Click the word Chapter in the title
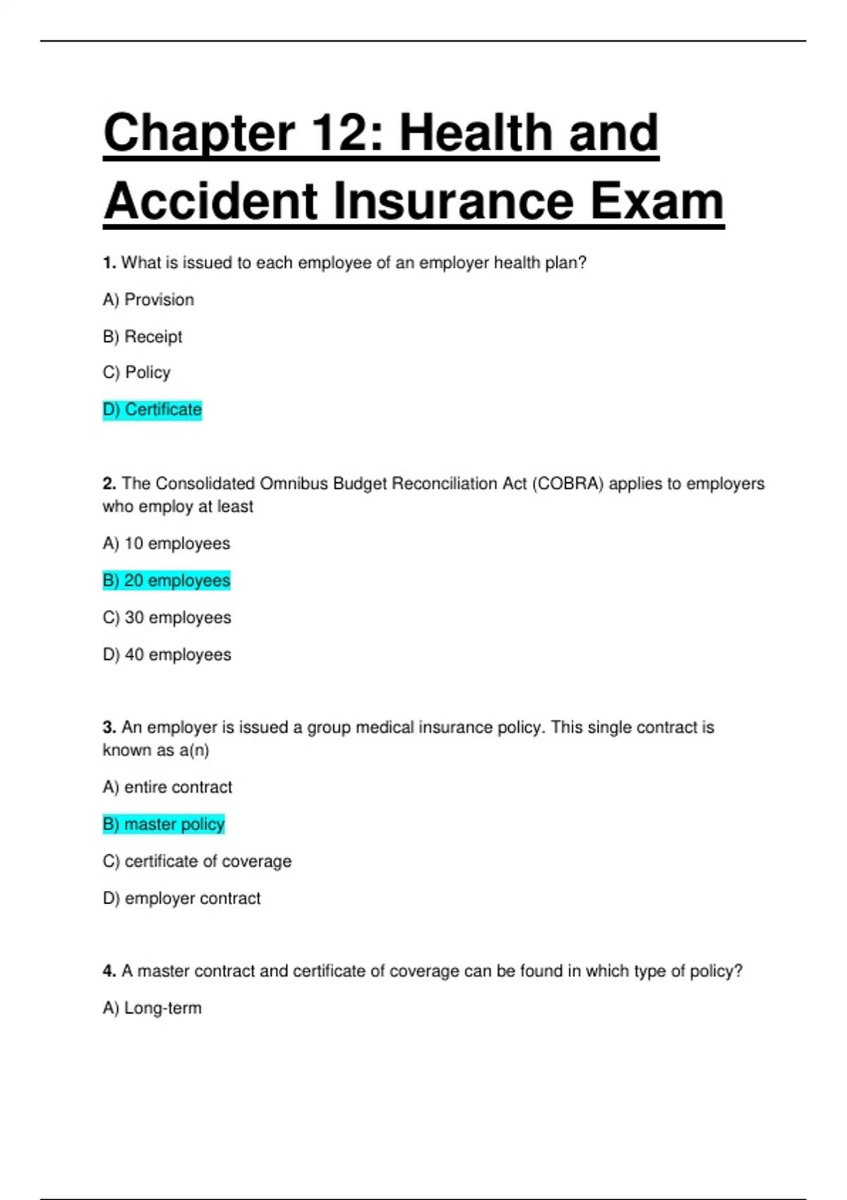click(x=198, y=133)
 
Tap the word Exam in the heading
click(x=656, y=202)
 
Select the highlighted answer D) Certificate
click(x=152, y=410)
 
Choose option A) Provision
click(x=148, y=300)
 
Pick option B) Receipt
click(x=143, y=337)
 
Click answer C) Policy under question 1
click(x=137, y=373)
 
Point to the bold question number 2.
click(x=109, y=484)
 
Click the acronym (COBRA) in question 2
click(x=567, y=484)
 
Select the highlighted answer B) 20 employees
click(x=167, y=581)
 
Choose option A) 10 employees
click(x=167, y=544)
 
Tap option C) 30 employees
click(x=167, y=618)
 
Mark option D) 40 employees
click(x=167, y=655)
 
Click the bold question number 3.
click(x=109, y=728)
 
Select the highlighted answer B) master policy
click(x=164, y=824)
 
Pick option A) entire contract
click(x=167, y=787)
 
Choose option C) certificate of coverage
click(x=197, y=861)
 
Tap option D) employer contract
click(x=181, y=899)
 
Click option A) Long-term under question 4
click(x=152, y=1008)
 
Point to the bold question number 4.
click(x=109, y=971)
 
